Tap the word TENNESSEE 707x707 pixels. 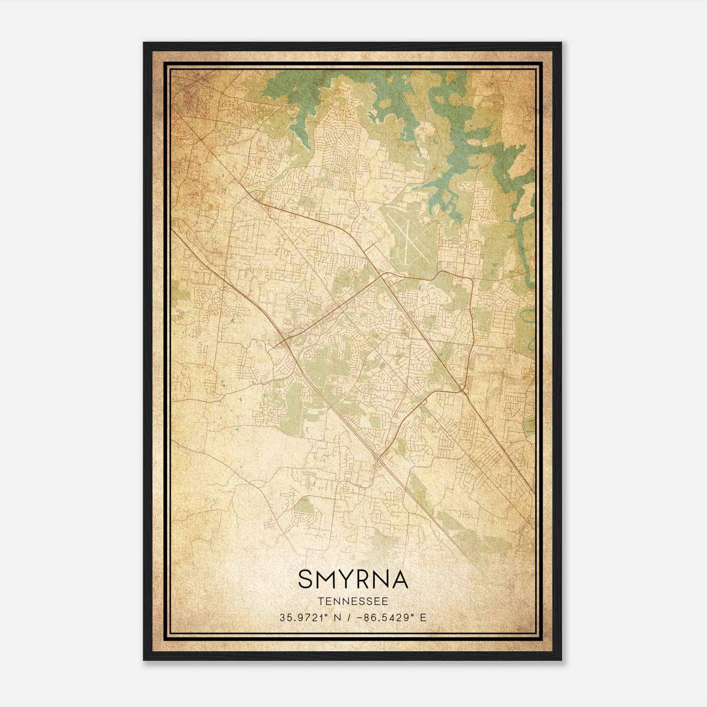353,601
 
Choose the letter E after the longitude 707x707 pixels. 423,617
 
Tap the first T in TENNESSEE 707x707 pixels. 320,601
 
